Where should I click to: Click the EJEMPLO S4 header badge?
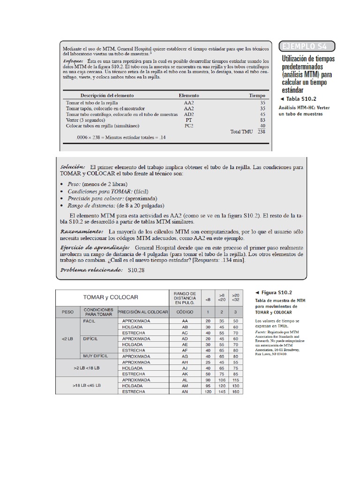[x=308, y=45]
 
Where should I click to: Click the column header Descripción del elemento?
[x=107, y=95]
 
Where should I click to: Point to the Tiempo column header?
[x=256, y=95]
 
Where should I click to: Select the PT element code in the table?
[x=189, y=120]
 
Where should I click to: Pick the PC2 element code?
[x=189, y=126]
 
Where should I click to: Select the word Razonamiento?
[x=82, y=232]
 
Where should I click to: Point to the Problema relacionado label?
[x=90, y=270]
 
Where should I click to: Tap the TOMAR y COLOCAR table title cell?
[x=111, y=297]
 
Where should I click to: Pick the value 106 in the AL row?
[x=223, y=379]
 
